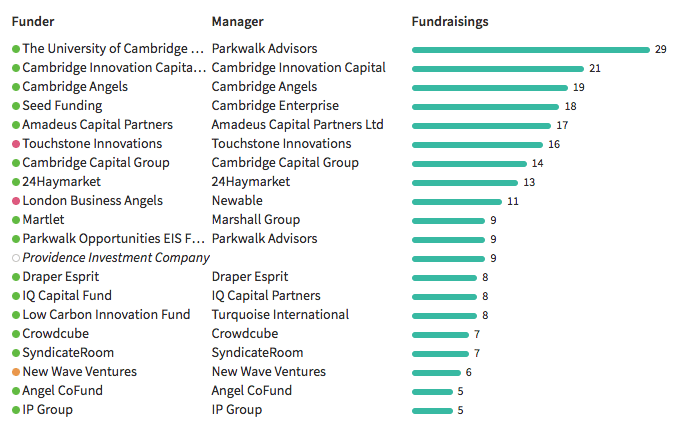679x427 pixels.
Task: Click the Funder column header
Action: click(x=33, y=22)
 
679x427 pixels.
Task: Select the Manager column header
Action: click(x=237, y=22)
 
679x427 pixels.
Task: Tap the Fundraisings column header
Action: click(x=450, y=22)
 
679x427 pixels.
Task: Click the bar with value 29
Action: click(x=531, y=50)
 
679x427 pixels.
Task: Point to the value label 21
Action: click(x=595, y=68)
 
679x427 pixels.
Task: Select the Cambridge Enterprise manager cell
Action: click(x=275, y=106)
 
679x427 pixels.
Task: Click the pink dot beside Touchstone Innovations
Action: click(x=16, y=144)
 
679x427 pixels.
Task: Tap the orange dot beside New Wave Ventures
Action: click(x=16, y=372)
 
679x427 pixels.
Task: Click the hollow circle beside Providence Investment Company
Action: click(x=16, y=258)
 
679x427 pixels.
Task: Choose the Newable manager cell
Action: click(x=237, y=201)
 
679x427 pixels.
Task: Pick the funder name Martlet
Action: click(x=43, y=220)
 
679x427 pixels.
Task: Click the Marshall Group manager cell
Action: click(x=255, y=220)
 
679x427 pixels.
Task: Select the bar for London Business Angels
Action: click(x=457, y=202)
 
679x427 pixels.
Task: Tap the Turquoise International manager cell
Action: click(x=280, y=315)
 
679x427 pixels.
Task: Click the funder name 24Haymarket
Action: click(x=61, y=182)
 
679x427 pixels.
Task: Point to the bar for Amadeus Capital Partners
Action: click(x=481, y=126)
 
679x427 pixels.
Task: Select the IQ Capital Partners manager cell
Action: click(x=266, y=296)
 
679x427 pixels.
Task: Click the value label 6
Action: click(x=469, y=372)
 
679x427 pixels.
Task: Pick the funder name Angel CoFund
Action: click(x=62, y=391)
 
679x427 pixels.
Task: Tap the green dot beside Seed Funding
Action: click(x=16, y=106)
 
